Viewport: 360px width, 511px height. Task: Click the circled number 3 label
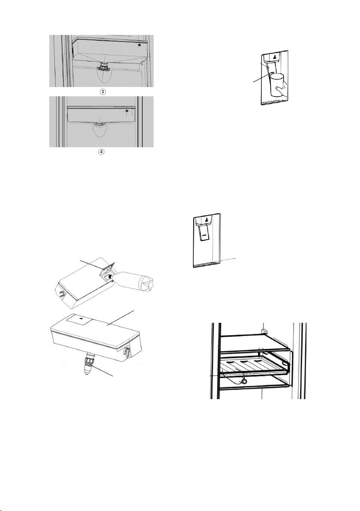pyautogui.click(x=102, y=92)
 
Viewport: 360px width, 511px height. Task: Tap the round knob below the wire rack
pyautogui.click(x=243, y=381)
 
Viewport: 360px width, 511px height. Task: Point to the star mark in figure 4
pyautogui.click(x=127, y=111)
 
